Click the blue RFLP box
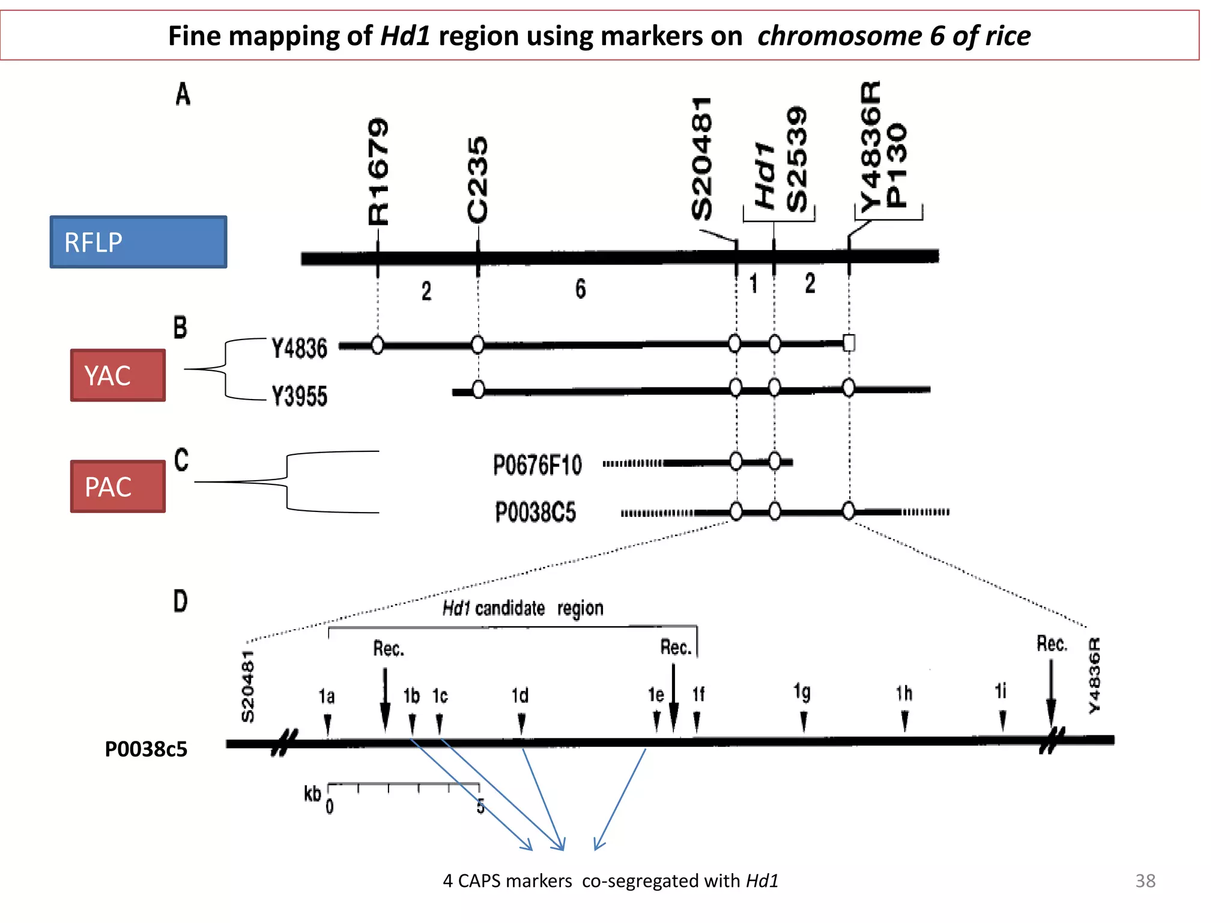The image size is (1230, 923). (x=138, y=242)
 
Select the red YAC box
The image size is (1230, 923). (x=118, y=376)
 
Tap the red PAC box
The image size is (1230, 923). (x=118, y=487)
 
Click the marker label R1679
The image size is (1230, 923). (x=378, y=171)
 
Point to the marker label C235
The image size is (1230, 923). (x=478, y=180)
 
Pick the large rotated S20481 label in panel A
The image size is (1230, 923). (x=701, y=159)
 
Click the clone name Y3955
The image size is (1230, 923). (x=299, y=397)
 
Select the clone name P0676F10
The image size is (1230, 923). (x=538, y=465)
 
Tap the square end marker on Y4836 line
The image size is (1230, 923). (x=849, y=343)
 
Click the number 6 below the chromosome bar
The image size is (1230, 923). (x=580, y=289)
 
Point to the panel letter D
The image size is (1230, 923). (x=180, y=601)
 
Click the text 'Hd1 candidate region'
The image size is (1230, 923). (x=523, y=608)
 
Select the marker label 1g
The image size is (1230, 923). (x=802, y=692)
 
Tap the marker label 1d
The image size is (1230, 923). (x=520, y=696)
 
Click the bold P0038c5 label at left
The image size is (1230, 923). (x=146, y=749)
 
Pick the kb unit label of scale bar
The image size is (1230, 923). (x=312, y=794)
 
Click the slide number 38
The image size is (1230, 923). (x=1145, y=881)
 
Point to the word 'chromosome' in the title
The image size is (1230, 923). (x=840, y=35)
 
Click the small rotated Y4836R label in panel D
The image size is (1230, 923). (x=1094, y=676)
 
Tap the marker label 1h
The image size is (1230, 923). (x=904, y=693)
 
